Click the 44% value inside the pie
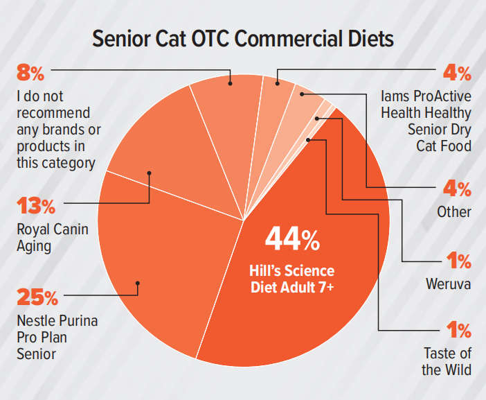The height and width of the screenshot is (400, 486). (292, 240)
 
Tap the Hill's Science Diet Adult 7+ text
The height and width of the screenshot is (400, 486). (292, 278)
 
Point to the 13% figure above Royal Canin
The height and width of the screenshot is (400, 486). (35, 206)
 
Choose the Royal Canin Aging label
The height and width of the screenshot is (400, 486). (52, 236)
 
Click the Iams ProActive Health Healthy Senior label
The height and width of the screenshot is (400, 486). (426, 120)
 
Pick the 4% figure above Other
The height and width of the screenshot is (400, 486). (457, 189)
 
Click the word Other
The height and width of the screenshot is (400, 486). (453, 211)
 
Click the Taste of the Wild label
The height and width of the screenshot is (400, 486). (447, 361)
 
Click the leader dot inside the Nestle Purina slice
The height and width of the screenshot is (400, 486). (138, 283)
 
